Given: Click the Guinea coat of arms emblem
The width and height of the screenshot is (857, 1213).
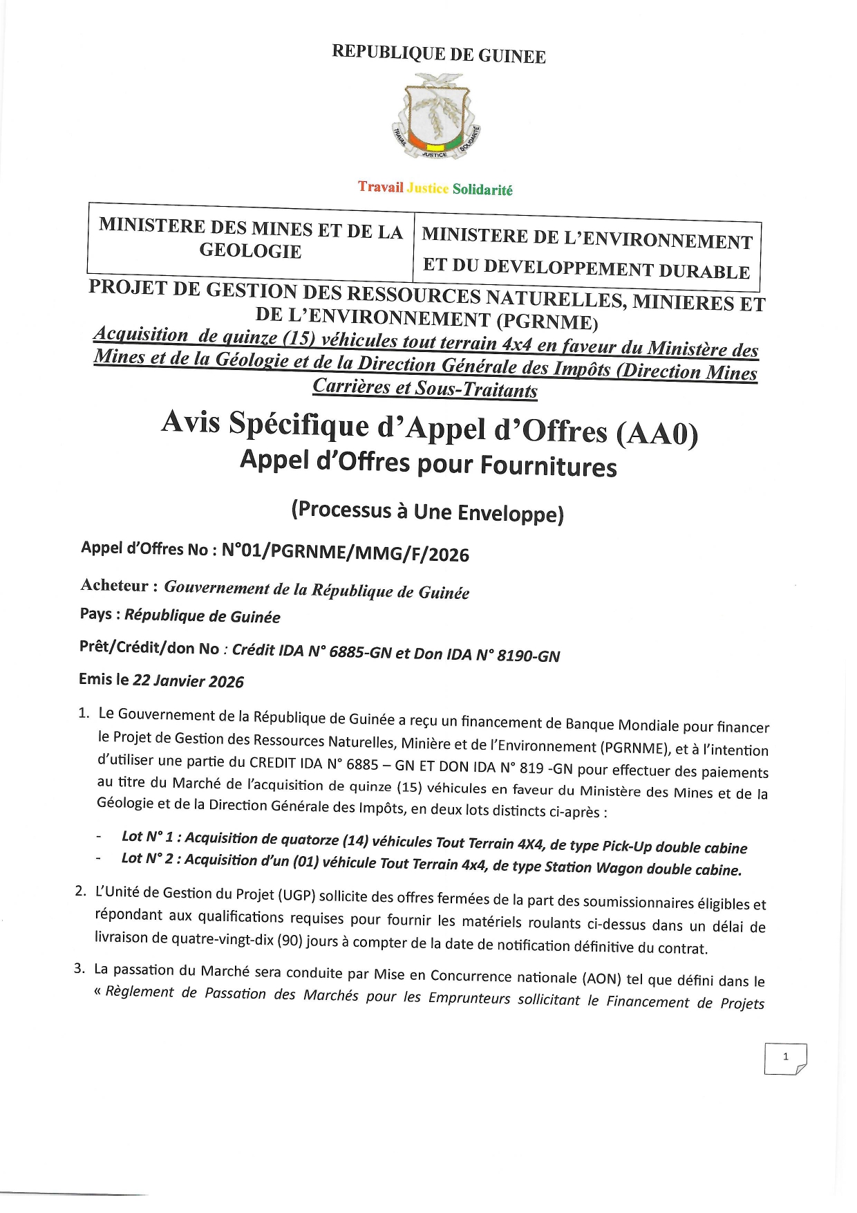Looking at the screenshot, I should click(x=436, y=117).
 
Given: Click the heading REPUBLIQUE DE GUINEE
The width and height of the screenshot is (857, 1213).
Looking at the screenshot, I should click(x=439, y=54).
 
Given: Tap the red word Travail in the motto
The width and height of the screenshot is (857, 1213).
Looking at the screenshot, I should click(x=380, y=187).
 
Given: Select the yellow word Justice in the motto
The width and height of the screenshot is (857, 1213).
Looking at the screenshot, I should click(x=428, y=188).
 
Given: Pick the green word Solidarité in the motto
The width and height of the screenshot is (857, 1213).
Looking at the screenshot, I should click(x=482, y=189).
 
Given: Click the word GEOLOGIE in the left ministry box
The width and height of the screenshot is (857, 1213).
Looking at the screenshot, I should click(x=250, y=251).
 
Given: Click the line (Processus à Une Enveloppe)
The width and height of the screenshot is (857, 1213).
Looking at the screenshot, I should click(x=427, y=512).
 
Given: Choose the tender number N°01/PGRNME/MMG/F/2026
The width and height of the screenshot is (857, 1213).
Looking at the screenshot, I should click(x=345, y=553).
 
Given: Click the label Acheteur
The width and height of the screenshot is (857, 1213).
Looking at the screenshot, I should click(x=115, y=586).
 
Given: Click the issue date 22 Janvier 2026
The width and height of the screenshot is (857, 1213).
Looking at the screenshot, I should click(x=188, y=680).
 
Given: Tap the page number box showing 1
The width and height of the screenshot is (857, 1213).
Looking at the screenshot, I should click(x=785, y=1057).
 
